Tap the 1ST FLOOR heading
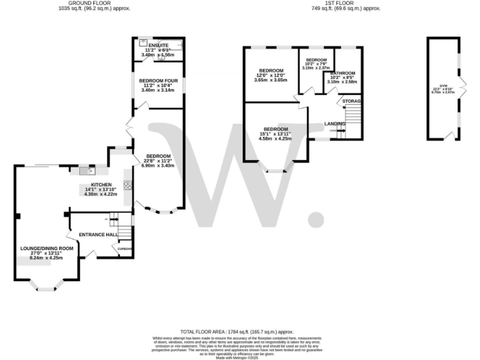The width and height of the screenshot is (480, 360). pos(346,3)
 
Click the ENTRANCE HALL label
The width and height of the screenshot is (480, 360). pos(98,234)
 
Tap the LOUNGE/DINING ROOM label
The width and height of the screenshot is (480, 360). pos(46,248)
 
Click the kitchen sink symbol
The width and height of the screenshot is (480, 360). pos(86,170)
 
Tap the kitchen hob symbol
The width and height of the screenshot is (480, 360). pos(127,185)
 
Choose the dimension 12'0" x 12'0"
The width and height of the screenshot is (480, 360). pos(271,75)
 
